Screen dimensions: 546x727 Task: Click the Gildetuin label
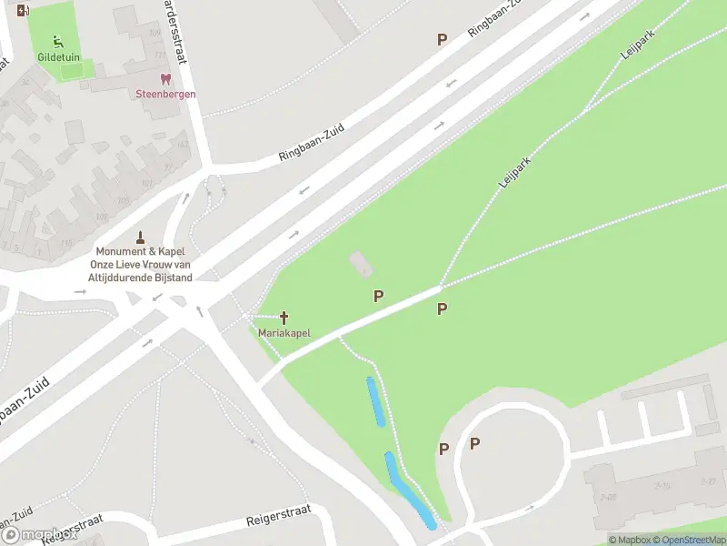click(59, 56)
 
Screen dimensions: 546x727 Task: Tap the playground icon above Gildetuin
click(59, 40)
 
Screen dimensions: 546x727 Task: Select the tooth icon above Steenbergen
click(165, 80)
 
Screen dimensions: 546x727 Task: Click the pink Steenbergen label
click(165, 94)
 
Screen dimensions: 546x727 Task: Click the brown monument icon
click(141, 238)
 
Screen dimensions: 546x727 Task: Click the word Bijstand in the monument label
click(173, 277)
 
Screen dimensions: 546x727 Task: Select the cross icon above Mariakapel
click(284, 318)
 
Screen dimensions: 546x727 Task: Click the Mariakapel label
click(284, 333)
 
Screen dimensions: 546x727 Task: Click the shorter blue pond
click(374, 401)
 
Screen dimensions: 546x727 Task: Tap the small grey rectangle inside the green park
click(360, 265)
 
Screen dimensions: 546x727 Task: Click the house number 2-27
click(708, 480)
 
